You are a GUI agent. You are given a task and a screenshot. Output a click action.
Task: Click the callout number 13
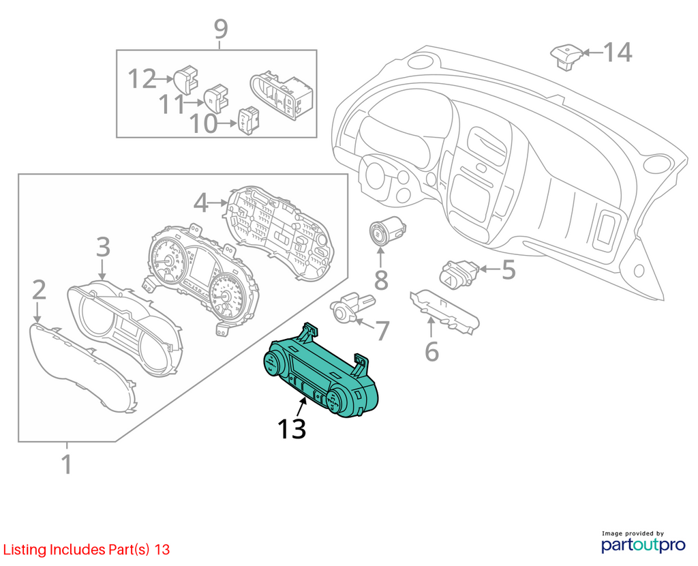pos(292,428)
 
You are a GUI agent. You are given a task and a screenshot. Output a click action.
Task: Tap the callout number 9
pos(221,29)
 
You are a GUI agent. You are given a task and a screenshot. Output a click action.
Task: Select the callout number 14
pos(618,52)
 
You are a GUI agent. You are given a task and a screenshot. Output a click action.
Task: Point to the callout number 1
pos(67,464)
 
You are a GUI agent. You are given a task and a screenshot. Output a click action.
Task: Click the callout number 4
pos(201,203)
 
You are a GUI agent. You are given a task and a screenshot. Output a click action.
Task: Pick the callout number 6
pos(431,351)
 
